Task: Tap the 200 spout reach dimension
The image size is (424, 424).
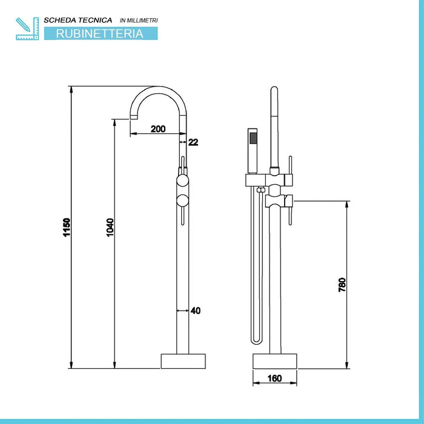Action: point(158,128)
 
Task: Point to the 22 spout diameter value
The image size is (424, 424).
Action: point(193,142)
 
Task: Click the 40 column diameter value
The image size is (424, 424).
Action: point(195,311)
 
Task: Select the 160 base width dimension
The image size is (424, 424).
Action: point(274,379)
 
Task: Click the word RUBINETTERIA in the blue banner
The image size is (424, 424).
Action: point(100,34)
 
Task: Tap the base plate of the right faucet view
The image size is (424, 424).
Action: point(276,361)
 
